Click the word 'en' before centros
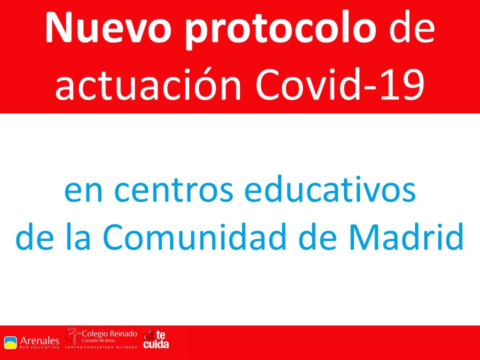click(83, 191)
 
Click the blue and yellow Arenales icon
click(10, 342)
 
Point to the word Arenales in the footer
click(39, 340)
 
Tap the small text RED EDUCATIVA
click(39, 347)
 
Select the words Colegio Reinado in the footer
click(109, 333)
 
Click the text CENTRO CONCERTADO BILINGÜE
click(101, 347)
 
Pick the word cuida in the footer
click(156, 344)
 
